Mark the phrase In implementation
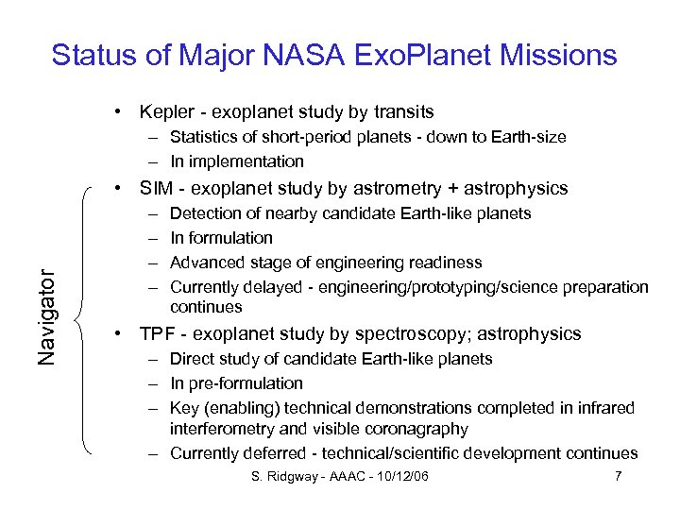(x=237, y=161)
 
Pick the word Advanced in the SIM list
(x=203, y=263)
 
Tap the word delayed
(x=268, y=287)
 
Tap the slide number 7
(x=618, y=476)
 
